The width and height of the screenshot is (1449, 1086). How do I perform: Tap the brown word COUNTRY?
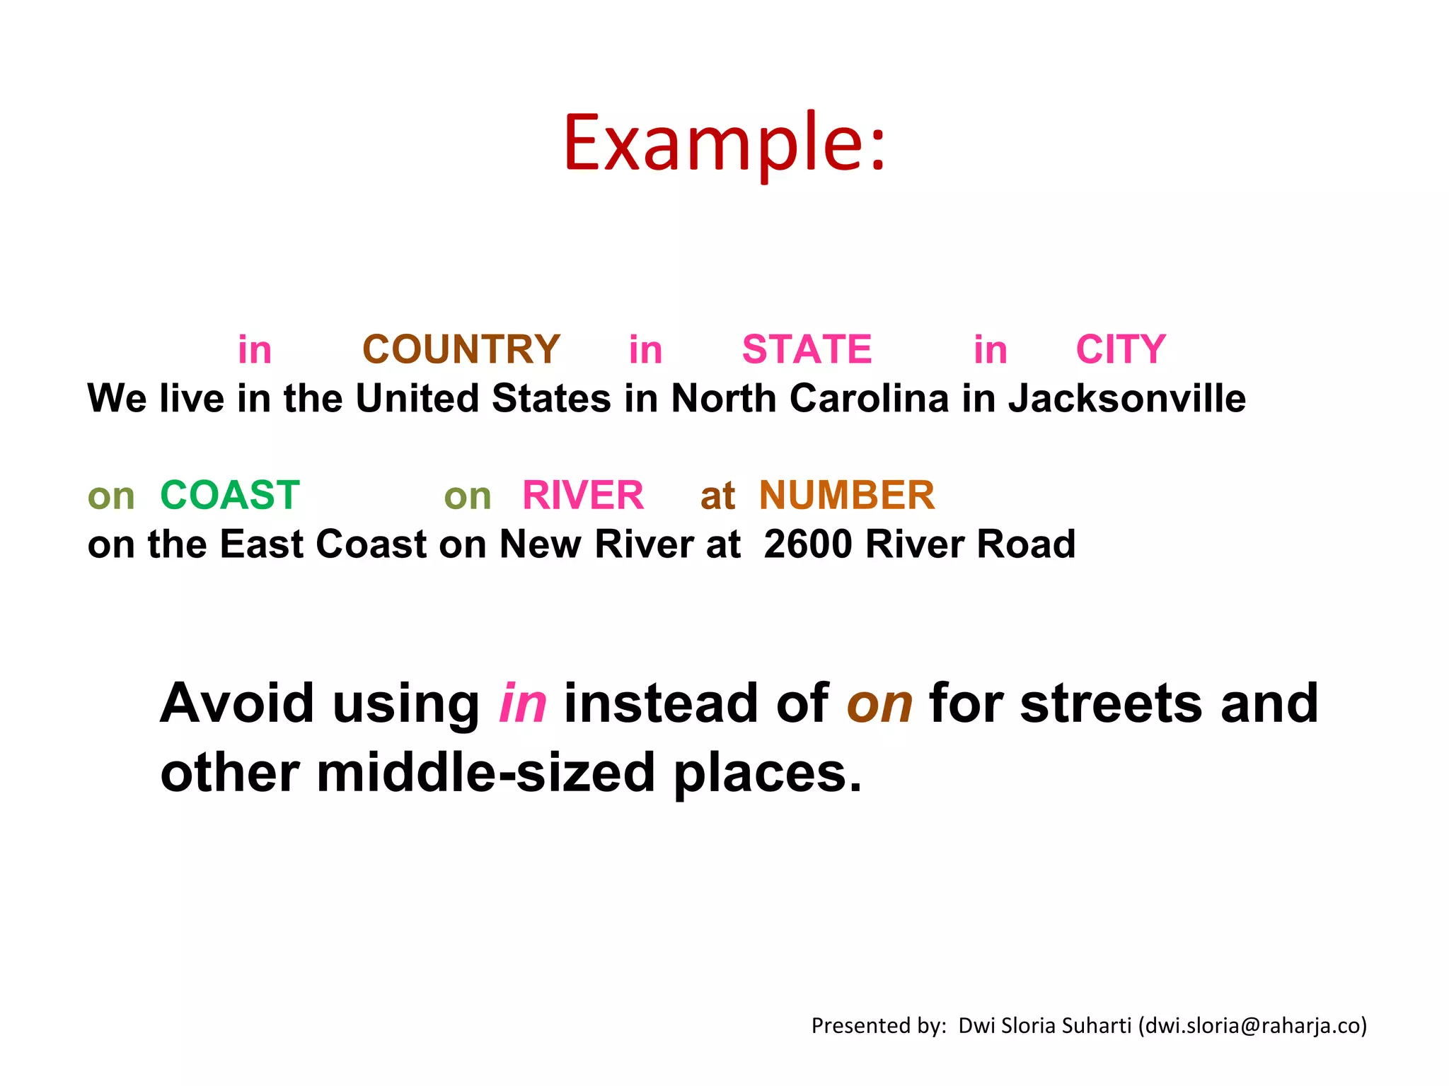click(x=461, y=349)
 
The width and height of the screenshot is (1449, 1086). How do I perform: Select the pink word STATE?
click(x=807, y=349)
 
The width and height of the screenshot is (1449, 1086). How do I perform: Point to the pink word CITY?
click(x=1121, y=349)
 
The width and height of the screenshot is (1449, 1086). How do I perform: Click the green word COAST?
click(x=230, y=495)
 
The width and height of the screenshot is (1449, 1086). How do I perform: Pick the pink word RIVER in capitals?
click(x=583, y=495)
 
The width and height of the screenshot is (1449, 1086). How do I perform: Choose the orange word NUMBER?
click(x=847, y=495)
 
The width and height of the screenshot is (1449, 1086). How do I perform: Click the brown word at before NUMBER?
click(x=717, y=496)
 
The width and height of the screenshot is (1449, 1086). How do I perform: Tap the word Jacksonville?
click(x=1127, y=399)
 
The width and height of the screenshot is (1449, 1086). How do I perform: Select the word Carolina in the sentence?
click(x=869, y=399)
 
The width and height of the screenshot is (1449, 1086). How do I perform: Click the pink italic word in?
click(x=523, y=703)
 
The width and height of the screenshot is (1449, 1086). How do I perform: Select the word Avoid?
click(x=237, y=703)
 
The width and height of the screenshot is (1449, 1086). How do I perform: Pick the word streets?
click(x=1111, y=703)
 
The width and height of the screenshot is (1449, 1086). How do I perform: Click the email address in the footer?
click(x=1253, y=1026)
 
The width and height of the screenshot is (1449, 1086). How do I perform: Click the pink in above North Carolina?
click(x=645, y=349)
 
